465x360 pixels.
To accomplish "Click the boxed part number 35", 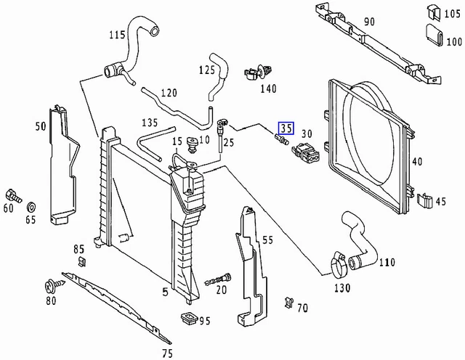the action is (x=286, y=128).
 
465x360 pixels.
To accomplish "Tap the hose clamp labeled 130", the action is (x=339, y=264).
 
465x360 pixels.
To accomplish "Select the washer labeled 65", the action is (x=31, y=208).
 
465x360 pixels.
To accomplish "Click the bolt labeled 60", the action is (x=13, y=196).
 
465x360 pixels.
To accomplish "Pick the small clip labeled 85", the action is (x=82, y=262).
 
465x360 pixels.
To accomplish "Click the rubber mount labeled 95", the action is (x=189, y=319).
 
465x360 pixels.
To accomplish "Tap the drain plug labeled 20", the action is (x=218, y=279).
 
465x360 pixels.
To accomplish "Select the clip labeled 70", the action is (x=288, y=302).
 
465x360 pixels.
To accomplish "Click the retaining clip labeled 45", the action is (x=425, y=200).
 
